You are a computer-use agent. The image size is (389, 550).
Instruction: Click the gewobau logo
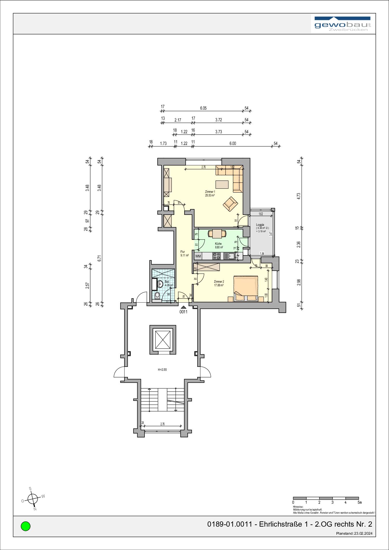[x=343, y=24]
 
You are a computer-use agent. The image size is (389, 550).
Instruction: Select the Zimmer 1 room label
[x=210, y=193]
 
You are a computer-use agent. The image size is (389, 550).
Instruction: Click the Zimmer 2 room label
[x=219, y=283]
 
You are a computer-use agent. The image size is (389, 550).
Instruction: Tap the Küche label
[x=218, y=246]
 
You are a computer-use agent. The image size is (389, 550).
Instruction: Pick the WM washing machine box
[x=198, y=256]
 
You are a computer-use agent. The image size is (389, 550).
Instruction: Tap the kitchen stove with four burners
[x=216, y=256]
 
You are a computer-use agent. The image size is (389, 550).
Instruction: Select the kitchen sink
[x=230, y=256]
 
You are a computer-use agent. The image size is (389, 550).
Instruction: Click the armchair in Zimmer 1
[x=230, y=204]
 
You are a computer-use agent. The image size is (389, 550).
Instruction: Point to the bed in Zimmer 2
[x=246, y=288]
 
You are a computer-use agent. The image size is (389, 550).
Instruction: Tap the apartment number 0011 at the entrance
[x=183, y=312]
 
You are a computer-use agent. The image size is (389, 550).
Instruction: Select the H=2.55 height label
[x=162, y=369]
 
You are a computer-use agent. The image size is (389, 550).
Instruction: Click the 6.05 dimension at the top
[x=203, y=108]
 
